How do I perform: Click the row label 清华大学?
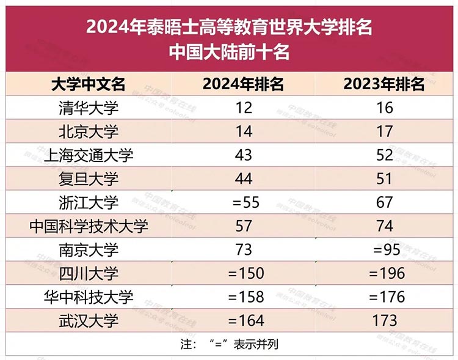(x=89, y=108)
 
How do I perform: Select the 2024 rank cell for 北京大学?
(x=243, y=131)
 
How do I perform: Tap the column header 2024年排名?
(x=243, y=84)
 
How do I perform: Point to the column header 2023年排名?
(x=384, y=84)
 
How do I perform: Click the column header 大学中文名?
(x=89, y=84)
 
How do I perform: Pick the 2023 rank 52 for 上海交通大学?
(x=384, y=155)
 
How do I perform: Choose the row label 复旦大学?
(x=89, y=179)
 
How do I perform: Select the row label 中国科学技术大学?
(x=89, y=226)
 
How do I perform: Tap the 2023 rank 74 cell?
(x=384, y=226)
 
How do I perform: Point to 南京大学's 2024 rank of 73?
(x=243, y=249)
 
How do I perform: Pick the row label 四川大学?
(x=89, y=273)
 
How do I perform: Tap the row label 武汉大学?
(x=89, y=320)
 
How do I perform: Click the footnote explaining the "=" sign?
(x=229, y=343)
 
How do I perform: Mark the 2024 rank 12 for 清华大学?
(x=243, y=108)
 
